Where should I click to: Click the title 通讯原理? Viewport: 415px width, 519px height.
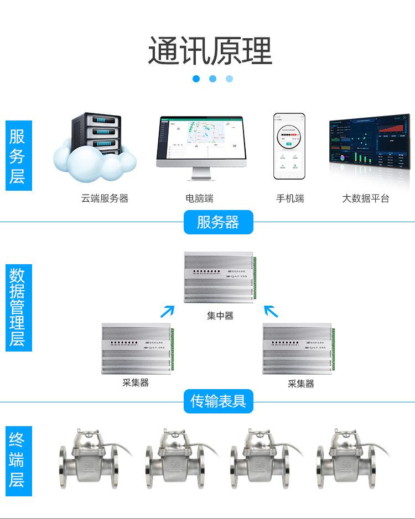(x=210, y=51)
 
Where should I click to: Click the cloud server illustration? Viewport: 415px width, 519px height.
(x=94, y=146)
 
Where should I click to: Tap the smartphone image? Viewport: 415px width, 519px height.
(x=289, y=146)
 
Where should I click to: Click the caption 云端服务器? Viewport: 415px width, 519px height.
(x=105, y=198)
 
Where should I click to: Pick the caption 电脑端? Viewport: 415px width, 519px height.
(x=199, y=198)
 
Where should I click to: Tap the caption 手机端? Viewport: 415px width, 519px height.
(x=290, y=198)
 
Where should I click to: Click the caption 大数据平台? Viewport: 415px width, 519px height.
(x=365, y=198)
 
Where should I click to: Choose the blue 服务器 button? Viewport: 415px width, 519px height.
(x=218, y=222)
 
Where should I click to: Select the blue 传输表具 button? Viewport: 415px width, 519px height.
(x=218, y=401)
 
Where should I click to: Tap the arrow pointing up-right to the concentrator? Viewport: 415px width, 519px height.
(x=167, y=311)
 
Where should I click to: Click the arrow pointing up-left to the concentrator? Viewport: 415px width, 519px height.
(x=271, y=311)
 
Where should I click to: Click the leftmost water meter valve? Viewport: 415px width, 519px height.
(x=88, y=459)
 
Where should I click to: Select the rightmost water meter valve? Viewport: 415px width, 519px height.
(x=345, y=459)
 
